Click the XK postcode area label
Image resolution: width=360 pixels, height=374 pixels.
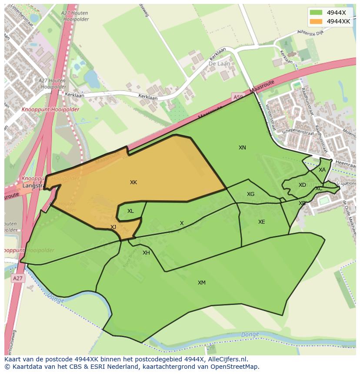(x=133, y=182)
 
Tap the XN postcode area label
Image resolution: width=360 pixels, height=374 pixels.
(x=242, y=148)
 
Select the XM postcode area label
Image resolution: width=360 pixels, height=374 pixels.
(x=202, y=283)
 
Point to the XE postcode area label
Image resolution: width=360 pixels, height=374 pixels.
(x=261, y=222)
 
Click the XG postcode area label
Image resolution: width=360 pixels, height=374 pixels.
(x=250, y=194)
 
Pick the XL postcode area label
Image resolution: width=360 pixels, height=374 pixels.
(x=130, y=211)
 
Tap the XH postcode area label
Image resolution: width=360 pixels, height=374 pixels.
(x=146, y=253)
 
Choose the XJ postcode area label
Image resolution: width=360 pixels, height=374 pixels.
(x=113, y=227)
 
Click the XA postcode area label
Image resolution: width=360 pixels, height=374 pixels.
(x=322, y=170)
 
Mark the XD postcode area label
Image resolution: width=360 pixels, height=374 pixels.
(x=302, y=185)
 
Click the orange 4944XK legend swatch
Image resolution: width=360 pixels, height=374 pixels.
(x=317, y=21)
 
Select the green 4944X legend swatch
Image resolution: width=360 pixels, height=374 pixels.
(x=317, y=13)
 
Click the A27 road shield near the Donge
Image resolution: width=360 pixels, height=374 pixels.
(x=17, y=278)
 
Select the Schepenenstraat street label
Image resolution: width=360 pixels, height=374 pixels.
(x=298, y=131)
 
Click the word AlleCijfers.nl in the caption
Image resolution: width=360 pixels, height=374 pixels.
(x=226, y=359)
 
